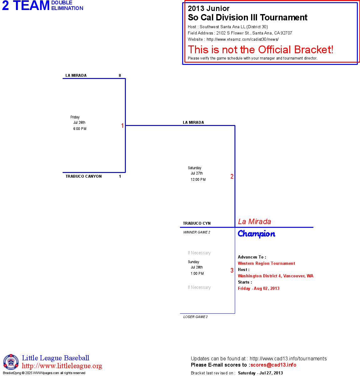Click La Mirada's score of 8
coord(120,76)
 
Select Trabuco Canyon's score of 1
coord(120,176)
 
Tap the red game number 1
coord(122,126)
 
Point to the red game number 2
coord(232,176)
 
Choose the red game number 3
coord(232,270)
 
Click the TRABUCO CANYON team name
coord(84,176)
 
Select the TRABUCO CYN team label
coord(197,223)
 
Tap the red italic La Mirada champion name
coord(255,222)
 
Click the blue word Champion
coord(256,234)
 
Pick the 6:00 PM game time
coord(80,129)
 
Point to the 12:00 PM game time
coord(198,180)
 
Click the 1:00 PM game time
coord(197,274)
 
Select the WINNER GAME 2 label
coord(197,232)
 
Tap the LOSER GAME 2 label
coord(195,317)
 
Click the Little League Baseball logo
coord(11,362)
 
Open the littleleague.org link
coord(62,366)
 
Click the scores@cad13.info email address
coord(273,365)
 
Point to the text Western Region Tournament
coord(266,264)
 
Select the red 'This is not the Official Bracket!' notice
coord(260,50)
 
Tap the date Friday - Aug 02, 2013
coord(259,289)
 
